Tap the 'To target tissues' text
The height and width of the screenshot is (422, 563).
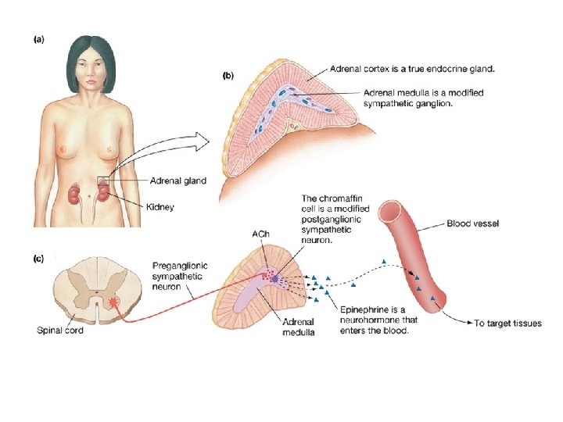pyautogui.click(x=508, y=323)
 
